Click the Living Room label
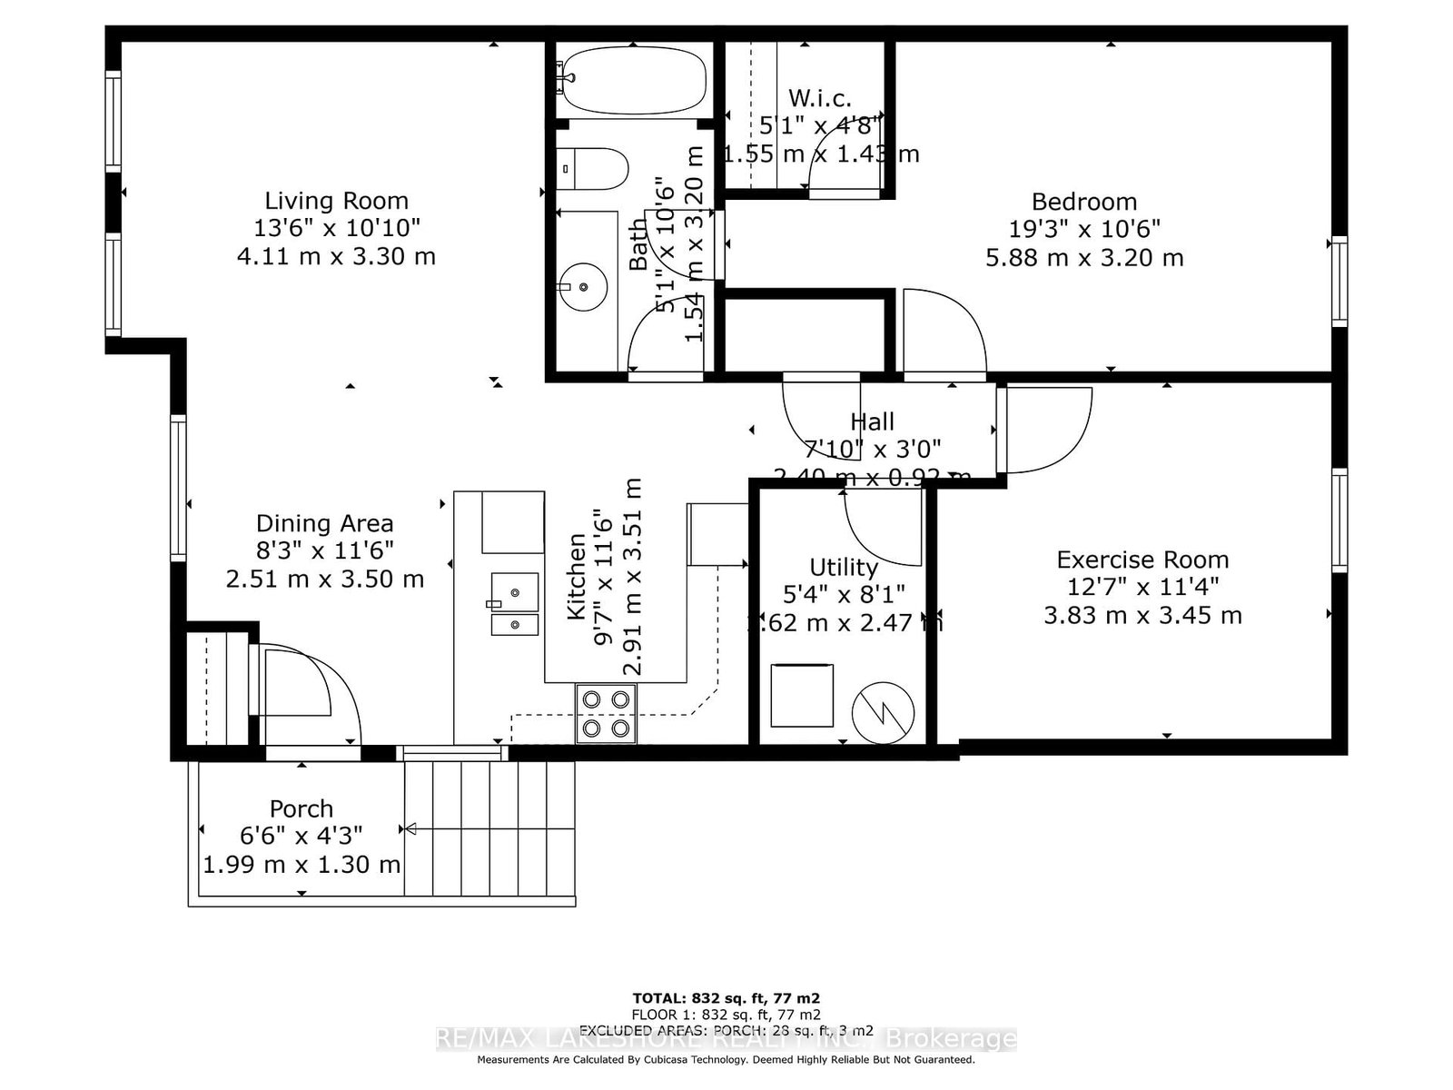pyautogui.click(x=336, y=201)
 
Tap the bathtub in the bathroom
pyautogui.click(x=632, y=79)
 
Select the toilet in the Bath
pyautogui.click(x=594, y=169)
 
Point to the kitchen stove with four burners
pyautogui.click(x=606, y=714)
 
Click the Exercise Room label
pyautogui.click(x=1142, y=560)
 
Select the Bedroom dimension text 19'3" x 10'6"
pyautogui.click(x=1084, y=229)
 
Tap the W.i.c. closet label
pyautogui.click(x=820, y=98)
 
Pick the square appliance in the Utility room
pyautogui.click(x=801, y=695)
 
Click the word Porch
pyautogui.click(x=301, y=808)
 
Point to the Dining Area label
pyautogui.click(x=324, y=523)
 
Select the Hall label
pyautogui.click(x=872, y=421)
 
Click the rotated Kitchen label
pyautogui.click(x=577, y=577)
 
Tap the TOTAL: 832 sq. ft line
pyautogui.click(x=726, y=997)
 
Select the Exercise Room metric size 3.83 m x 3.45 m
pyautogui.click(x=1142, y=615)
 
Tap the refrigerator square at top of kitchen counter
pyautogui.click(x=513, y=522)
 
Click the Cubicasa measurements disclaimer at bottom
pyautogui.click(x=726, y=1059)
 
